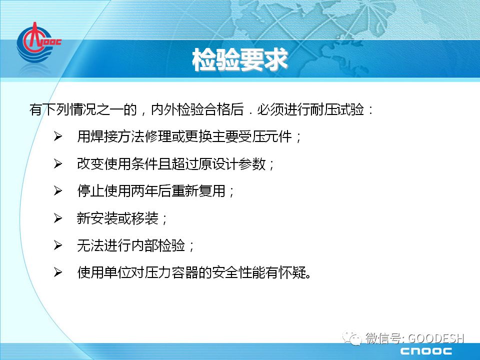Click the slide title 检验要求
(x=239, y=59)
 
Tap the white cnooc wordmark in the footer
(x=426, y=351)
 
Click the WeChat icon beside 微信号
(x=352, y=338)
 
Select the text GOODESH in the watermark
(x=436, y=338)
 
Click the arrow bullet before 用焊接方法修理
(x=57, y=136)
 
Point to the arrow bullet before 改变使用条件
(x=57, y=164)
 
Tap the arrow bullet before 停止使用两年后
(x=57, y=190)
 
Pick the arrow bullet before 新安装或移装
(x=57, y=218)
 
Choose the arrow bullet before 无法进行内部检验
(x=57, y=245)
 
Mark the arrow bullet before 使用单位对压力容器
(x=57, y=272)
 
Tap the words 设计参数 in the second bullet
(x=239, y=164)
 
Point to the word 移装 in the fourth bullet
(x=144, y=218)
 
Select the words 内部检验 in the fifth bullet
(x=158, y=245)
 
